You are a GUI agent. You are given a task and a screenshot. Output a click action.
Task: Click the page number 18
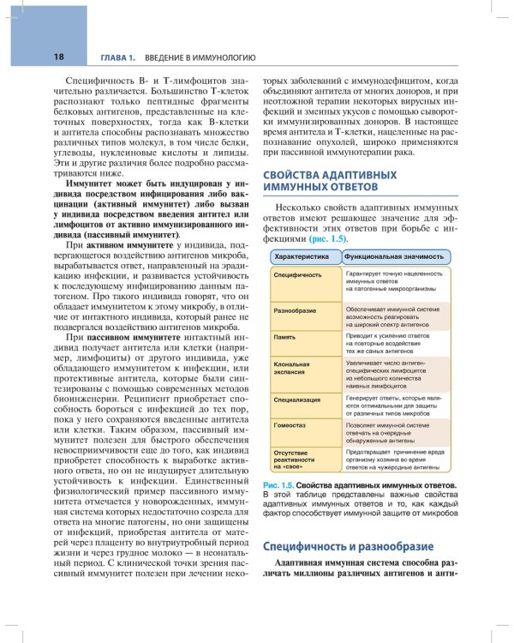click(35, 57)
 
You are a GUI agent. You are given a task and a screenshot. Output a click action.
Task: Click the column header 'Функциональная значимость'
click(394, 256)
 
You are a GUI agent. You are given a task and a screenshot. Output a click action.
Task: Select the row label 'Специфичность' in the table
click(297, 275)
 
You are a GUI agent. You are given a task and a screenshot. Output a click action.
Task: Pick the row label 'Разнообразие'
click(296, 309)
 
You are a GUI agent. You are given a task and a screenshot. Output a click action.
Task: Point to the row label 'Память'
click(285, 338)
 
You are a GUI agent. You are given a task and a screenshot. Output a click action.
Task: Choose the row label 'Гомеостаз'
click(290, 424)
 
